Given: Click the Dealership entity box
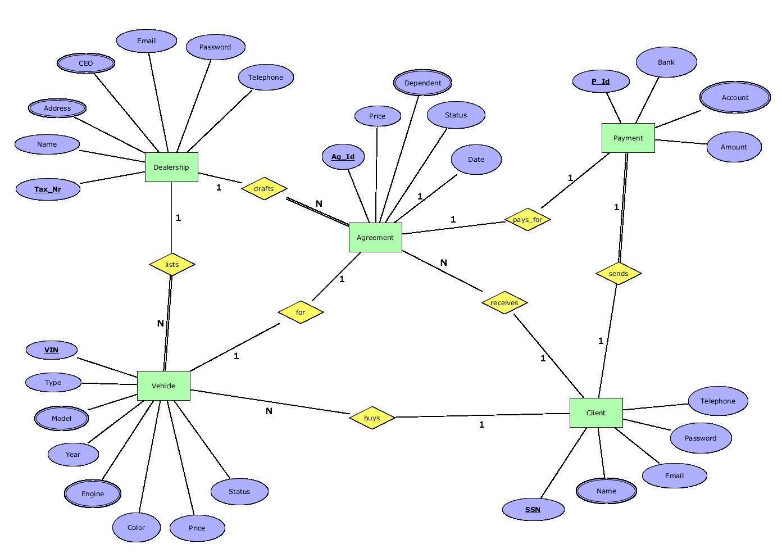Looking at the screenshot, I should coord(171,167).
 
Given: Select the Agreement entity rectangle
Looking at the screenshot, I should coord(375,237).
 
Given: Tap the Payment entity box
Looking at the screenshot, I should coord(628,138).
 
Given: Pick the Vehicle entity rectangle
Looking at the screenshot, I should coord(163,386).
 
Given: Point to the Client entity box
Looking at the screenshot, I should coord(596,413).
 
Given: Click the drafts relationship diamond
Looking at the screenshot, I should coord(264,188).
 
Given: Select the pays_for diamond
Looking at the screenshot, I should coord(528,219).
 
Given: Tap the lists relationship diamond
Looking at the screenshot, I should coord(172,264).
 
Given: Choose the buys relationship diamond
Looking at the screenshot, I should coord(372,418).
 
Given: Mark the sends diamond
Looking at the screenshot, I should coord(619,273).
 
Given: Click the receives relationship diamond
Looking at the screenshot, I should coord(504,302).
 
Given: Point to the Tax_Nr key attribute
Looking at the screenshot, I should coord(48,189).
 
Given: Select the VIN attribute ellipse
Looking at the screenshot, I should coord(51,350).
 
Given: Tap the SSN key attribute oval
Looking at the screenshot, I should coord(533,510).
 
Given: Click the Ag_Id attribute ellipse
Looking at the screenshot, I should coord(343,157).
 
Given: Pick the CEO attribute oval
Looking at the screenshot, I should coord(86,63).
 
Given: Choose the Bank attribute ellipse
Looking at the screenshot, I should coord(666,62).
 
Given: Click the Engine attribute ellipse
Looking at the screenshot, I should coord(93,493).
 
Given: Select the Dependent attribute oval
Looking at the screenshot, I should coord(422,83).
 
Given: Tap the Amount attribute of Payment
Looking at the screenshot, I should coord(734,147).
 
